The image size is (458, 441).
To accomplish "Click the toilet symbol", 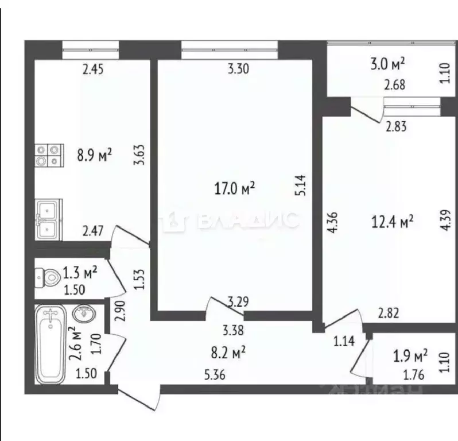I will (48, 278).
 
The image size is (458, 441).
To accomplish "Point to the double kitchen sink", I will (48, 219).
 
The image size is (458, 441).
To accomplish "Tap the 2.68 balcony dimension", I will (395, 87).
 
